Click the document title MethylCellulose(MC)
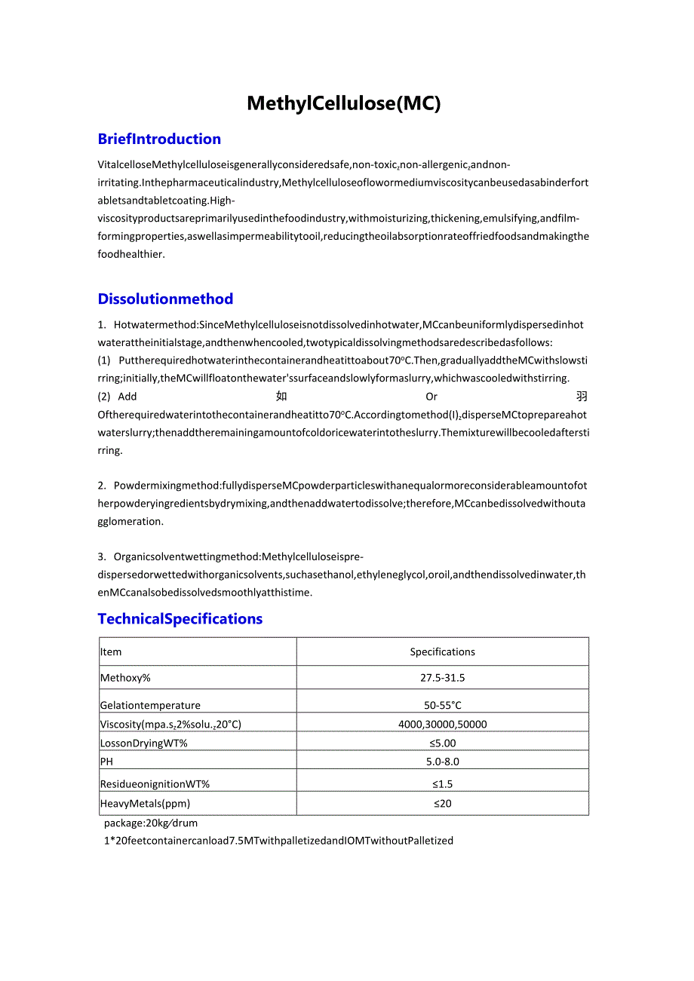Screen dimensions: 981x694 [x=343, y=103]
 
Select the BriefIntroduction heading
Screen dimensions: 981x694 [x=159, y=139]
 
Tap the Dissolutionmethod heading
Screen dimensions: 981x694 [x=165, y=299]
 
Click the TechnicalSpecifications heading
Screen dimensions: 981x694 [x=180, y=619]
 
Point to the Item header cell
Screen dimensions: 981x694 [x=111, y=652]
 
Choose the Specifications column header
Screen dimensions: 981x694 [x=442, y=652]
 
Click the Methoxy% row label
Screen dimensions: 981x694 [x=125, y=678]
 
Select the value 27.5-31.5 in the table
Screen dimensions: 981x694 [x=442, y=678]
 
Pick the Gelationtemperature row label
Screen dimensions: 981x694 [x=150, y=706]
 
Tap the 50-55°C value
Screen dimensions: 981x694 [x=442, y=706]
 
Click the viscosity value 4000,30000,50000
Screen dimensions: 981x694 [x=442, y=725]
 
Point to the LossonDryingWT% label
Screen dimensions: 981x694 [x=143, y=743]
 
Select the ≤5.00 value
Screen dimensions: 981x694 [x=442, y=743]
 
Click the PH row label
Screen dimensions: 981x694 [x=106, y=762]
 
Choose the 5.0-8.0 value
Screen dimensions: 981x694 [x=442, y=762]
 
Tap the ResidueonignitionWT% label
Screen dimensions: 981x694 [x=155, y=784]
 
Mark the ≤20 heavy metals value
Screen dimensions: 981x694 [x=442, y=804]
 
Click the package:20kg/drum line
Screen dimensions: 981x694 [x=151, y=823]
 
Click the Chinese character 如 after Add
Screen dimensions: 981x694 [x=281, y=397]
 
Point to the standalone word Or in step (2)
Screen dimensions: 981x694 [x=431, y=397]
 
